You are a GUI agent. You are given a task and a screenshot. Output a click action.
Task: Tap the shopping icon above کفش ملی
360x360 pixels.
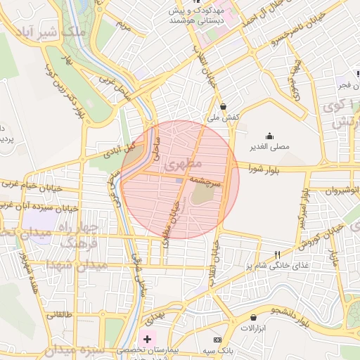tap(224, 107)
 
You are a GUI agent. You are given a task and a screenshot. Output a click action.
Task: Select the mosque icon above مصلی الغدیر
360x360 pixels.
tap(270, 136)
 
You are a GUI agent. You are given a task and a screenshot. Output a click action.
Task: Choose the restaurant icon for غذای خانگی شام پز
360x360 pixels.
tap(278, 255)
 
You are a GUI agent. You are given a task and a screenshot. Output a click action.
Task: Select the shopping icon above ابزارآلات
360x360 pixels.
tap(252, 317)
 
